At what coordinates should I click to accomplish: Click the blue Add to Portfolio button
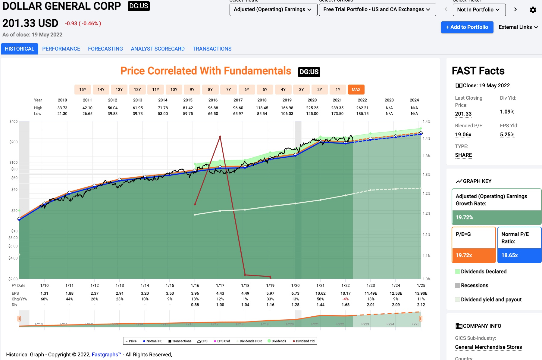click(467, 27)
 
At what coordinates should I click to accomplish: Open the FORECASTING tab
click(105, 49)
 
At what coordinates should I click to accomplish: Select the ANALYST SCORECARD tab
click(158, 49)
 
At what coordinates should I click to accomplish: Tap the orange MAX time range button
click(356, 89)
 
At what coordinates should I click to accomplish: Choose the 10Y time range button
click(174, 89)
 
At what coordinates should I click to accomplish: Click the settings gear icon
click(533, 10)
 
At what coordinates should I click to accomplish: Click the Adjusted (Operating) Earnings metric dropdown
click(273, 10)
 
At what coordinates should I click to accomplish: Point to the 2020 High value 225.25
click(312, 108)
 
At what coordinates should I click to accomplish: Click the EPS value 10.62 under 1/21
click(320, 293)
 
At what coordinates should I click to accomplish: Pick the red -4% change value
click(346, 299)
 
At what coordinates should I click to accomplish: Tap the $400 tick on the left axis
click(14, 122)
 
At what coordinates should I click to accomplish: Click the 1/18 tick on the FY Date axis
click(245, 285)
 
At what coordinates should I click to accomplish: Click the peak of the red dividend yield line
click(220, 137)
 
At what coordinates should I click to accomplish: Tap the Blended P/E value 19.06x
click(463, 135)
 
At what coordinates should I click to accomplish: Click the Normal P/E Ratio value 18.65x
click(509, 255)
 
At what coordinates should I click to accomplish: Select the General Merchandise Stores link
click(488, 347)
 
